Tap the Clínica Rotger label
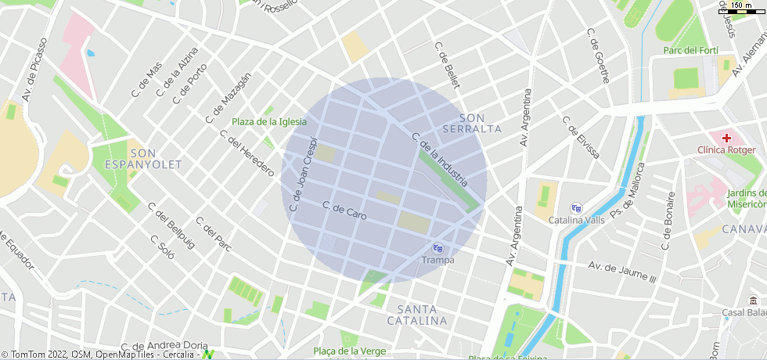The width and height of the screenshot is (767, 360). (x=726, y=149)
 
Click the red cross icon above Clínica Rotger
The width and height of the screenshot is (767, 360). (x=726, y=137)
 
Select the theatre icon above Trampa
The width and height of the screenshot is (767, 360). (x=438, y=248)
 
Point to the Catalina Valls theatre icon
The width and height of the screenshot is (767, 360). (x=577, y=208)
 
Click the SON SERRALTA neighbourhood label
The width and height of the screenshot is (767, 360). (x=471, y=123)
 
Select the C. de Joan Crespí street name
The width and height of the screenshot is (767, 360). (x=302, y=178)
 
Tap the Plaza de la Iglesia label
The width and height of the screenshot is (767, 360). (x=268, y=121)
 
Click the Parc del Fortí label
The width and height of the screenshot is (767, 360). (x=692, y=50)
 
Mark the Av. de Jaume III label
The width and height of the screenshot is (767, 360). (x=621, y=272)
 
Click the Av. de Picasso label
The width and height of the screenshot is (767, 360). (x=36, y=70)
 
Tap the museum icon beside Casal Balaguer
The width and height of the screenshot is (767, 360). (x=752, y=301)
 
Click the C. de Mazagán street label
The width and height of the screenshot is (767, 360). (x=229, y=98)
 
